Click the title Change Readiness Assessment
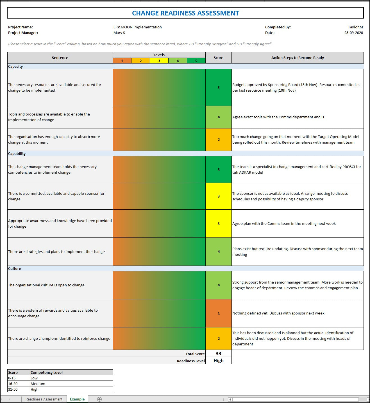[185, 13]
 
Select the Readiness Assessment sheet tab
[44, 399]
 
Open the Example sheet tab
[77, 399]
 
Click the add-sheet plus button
[99, 399]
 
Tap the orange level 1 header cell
[122, 61]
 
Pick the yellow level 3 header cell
[159, 61]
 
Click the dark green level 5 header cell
[196, 61]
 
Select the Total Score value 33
[219, 354]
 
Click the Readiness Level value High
[219, 361]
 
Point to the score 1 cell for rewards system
[219, 313]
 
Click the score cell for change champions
[219, 338]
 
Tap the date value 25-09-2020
[353, 33]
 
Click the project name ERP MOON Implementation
[138, 27]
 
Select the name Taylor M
[355, 27]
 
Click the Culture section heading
[15, 268]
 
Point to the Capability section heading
[17, 153]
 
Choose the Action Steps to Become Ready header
[298, 58]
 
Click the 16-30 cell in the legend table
[13, 384]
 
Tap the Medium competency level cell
[38, 384]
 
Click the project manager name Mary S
[119, 33]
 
